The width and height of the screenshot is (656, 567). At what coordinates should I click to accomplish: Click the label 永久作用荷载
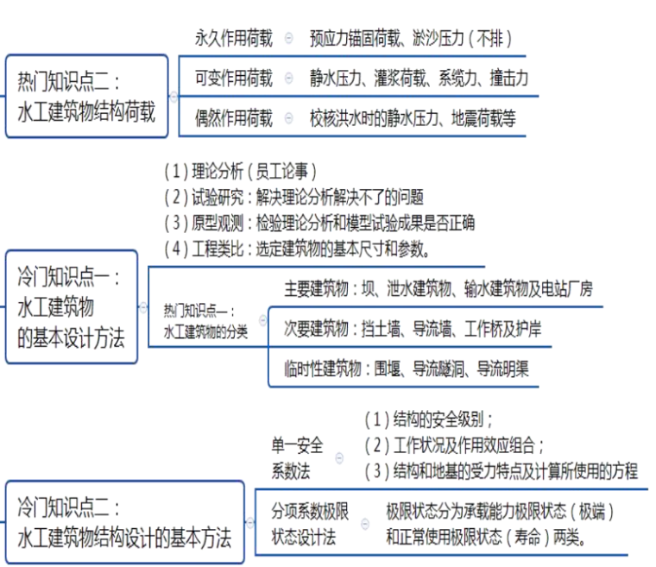[233, 38]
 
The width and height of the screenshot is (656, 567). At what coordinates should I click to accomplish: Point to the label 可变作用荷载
[233, 79]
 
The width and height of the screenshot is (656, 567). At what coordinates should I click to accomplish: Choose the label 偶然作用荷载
[233, 119]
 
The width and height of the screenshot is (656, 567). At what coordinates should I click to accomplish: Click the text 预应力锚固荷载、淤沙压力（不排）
[411, 38]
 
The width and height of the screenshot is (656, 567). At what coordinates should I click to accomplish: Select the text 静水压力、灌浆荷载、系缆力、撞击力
[419, 79]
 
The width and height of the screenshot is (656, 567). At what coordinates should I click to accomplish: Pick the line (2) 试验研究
[293, 196]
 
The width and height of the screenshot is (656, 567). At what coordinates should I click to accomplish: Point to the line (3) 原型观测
[319, 223]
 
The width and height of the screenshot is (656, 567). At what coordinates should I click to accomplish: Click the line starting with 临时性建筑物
[406, 369]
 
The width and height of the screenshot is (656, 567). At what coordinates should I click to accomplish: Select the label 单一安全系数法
[298, 458]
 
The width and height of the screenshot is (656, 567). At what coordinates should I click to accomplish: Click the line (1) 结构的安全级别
[429, 419]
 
